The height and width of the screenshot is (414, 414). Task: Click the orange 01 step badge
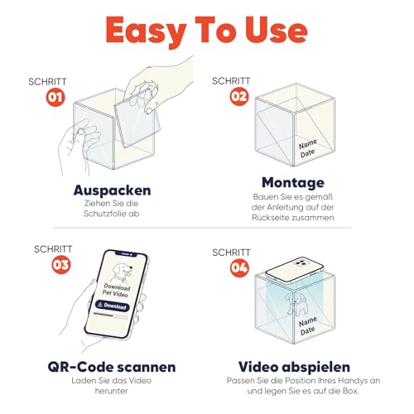[x=55, y=97]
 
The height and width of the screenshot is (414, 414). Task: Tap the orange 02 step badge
[x=239, y=96]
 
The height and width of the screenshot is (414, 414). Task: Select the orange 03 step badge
[x=61, y=264]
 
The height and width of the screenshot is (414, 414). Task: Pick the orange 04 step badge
[x=239, y=267]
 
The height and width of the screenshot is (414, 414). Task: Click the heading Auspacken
[x=112, y=190]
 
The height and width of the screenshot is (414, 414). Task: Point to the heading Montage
[x=293, y=183]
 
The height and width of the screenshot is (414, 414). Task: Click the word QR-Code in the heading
[x=80, y=367]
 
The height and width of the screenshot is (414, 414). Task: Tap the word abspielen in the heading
[x=316, y=367]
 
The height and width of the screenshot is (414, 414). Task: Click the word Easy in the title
[x=147, y=31]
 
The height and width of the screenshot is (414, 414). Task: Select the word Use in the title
[x=277, y=30]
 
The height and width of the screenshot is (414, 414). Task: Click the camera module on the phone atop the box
[x=301, y=262]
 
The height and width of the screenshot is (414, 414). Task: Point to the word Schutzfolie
[x=103, y=214]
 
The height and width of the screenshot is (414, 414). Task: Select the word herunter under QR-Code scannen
[x=112, y=391]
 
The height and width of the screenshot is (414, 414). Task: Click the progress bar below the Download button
[x=110, y=315]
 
